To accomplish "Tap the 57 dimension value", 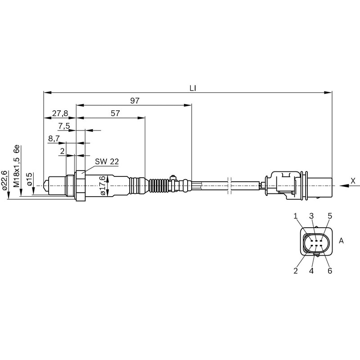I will click(115, 113).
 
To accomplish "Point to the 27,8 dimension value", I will click(60, 113).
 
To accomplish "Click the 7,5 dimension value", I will click(64, 126).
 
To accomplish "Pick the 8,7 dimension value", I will click(54, 139).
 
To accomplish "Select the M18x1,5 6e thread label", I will click(17, 166).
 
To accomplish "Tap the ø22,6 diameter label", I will click(5, 180).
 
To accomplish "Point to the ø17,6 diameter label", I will click(103, 185).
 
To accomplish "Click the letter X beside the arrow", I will click(353, 180).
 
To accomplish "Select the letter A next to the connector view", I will click(341, 241).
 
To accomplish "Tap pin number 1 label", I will click(296, 216).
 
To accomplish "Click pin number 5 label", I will click(330, 216).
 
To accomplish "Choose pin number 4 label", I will click(311, 271).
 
